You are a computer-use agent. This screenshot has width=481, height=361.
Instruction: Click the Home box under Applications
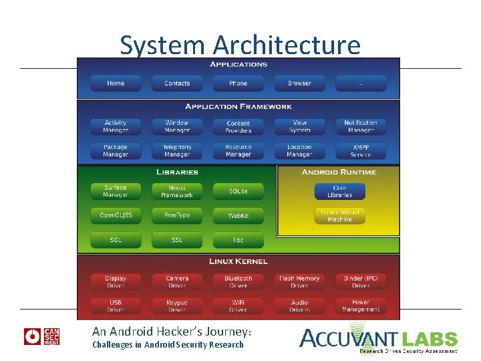116,84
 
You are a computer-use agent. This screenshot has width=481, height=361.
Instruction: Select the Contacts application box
177,84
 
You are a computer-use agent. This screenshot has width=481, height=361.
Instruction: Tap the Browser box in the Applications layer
299,84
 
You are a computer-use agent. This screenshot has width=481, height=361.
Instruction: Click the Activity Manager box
116,126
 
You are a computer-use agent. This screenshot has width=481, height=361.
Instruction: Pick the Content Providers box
238,126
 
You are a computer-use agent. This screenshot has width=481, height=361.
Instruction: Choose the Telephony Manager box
177,150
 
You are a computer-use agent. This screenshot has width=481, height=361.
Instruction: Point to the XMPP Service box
361,150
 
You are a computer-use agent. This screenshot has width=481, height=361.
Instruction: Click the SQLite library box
238,191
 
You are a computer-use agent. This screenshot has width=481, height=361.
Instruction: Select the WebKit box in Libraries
238,216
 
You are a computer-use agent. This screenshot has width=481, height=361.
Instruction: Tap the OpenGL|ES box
116,216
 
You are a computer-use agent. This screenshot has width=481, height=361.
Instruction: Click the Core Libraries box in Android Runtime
340,191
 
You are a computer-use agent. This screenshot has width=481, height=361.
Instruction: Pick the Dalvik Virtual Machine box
340,216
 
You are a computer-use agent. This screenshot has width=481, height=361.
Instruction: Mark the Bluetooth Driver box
238,281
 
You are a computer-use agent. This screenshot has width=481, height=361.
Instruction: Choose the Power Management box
361,306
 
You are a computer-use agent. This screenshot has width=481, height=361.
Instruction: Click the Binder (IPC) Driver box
361,281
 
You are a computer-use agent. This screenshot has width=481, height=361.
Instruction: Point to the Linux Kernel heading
238,261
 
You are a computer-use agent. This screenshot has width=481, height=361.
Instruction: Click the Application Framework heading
238,106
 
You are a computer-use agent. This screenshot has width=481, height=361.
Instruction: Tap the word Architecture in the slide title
287,45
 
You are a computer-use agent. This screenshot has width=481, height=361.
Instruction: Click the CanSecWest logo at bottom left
42,336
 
